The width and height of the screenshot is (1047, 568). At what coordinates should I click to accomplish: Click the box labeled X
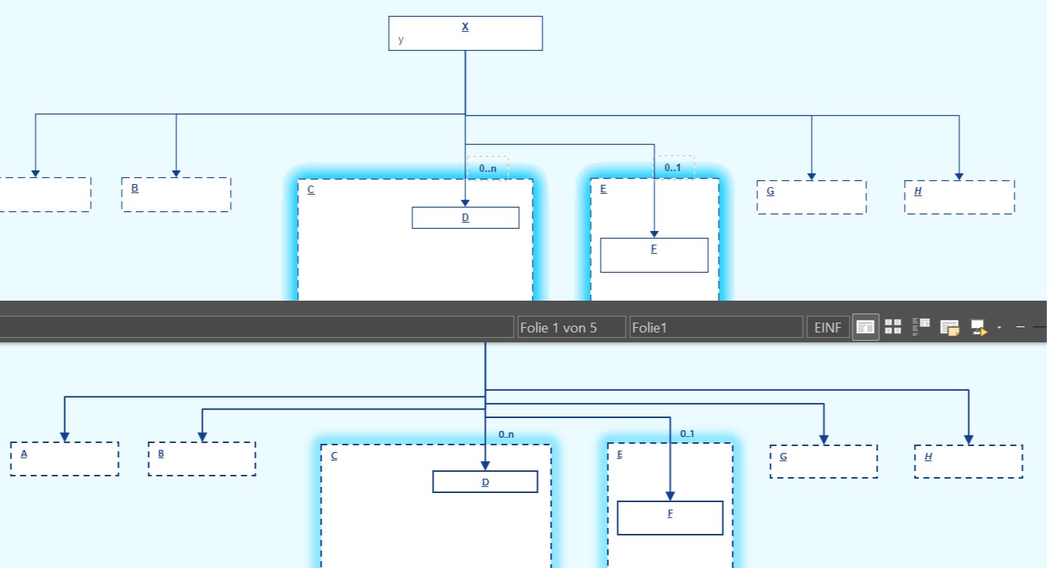point(465,33)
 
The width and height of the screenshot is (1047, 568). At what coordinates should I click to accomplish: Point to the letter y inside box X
point(401,40)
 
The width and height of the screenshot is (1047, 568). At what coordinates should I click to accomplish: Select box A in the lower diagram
point(64,459)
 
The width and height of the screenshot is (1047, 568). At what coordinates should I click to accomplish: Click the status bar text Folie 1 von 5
point(559,328)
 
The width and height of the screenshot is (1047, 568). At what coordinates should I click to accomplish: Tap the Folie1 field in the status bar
point(715,328)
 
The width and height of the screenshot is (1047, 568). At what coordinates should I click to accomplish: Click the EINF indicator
point(828,328)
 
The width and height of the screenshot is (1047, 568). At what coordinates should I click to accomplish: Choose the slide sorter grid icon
point(893,327)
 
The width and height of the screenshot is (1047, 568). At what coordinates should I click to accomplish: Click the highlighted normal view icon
point(865,327)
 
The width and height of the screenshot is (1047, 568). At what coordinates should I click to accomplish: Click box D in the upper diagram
point(465,218)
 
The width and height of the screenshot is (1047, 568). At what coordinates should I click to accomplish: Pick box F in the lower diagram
point(670,518)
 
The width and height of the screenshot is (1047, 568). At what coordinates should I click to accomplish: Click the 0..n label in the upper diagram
point(488,168)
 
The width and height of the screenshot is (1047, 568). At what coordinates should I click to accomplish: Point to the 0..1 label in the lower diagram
point(687,434)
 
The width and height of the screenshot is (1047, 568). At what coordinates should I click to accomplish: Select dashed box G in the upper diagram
point(811,197)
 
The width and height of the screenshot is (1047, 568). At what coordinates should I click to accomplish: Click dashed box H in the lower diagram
point(968,461)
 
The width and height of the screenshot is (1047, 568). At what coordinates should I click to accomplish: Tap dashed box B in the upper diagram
point(176,195)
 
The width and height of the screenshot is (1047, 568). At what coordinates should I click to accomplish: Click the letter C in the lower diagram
point(334,456)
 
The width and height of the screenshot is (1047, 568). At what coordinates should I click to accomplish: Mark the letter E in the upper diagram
point(603,189)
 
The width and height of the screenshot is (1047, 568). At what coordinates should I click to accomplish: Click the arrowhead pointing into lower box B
point(202,437)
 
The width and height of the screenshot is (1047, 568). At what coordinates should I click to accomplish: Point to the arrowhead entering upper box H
point(958,176)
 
